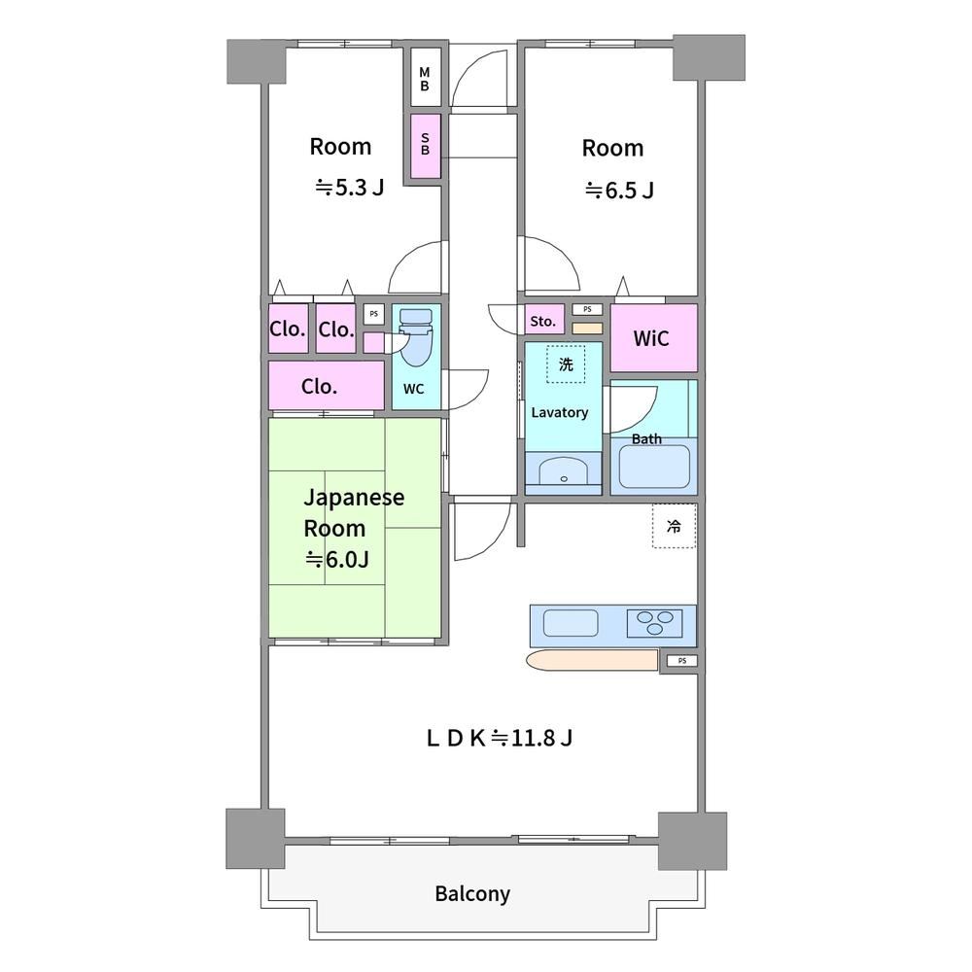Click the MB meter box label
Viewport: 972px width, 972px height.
[425, 80]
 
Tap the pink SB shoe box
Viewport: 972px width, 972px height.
[426, 146]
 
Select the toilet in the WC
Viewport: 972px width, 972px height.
[415, 338]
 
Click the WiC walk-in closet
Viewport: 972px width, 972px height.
[653, 338]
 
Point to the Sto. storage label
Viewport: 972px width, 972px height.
[543, 321]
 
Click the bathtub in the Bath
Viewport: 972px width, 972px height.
[654, 466]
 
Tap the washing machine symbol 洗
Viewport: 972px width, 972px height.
[566, 364]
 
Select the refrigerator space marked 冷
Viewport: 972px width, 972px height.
[674, 526]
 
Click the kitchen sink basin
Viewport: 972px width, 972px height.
[571, 623]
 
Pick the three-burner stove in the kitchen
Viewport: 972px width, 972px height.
[654, 623]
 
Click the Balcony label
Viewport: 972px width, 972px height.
[472, 894]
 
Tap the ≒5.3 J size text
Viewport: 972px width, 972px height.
[350, 187]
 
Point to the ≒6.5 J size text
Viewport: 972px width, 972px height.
[619, 190]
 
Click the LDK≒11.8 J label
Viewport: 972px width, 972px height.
[500, 738]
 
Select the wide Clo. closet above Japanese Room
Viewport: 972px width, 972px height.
[326, 386]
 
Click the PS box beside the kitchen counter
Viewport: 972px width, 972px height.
[682, 661]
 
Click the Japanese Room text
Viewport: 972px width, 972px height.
[354, 512]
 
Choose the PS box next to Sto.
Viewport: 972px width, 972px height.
[587, 309]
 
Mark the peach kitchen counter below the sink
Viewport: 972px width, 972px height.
[592, 660]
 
